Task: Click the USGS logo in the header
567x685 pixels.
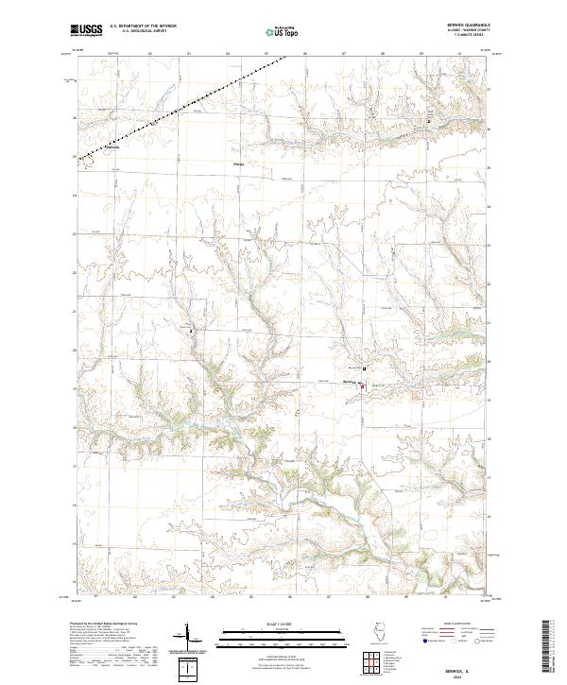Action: tap(86, 30)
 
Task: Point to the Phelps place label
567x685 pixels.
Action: tap(238, 164)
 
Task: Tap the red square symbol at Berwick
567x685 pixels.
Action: tap(362, 386)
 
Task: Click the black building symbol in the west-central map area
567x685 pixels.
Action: tap(191, 332)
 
